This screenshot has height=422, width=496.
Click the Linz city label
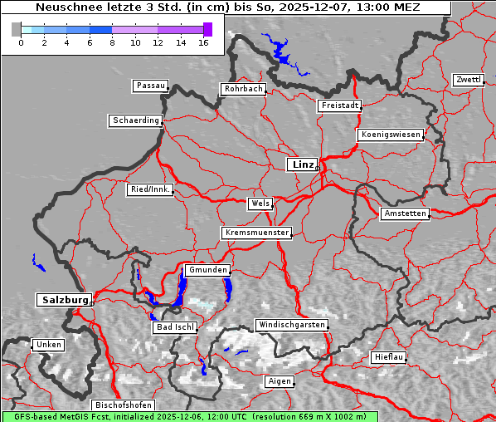click(302, 164)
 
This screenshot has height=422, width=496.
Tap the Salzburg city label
click(63, 300)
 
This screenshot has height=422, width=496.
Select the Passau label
click(150, 86)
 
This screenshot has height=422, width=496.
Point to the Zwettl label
click(468, 80)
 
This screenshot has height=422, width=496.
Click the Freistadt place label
click(339, 105)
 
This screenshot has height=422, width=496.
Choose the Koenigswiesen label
click(391, 135)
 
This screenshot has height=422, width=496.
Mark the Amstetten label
click(405, 213)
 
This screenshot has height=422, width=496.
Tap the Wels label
click(260, 204)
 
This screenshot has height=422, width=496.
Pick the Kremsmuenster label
click(257, 233)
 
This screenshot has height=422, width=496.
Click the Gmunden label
click(207, 271)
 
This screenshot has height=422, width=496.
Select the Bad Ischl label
click(175, 327)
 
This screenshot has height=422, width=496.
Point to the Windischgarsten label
click(291, 325)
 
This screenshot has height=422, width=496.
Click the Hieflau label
click(389, 357)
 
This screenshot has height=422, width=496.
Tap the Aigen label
click(279, 381)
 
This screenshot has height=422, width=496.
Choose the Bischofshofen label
click(122, 405)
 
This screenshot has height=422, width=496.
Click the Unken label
click(48, 345)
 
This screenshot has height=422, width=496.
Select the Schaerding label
click(135, 120)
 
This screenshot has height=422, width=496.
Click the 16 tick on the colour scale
click(203, 42)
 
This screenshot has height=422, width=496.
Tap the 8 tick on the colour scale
click(112, 42)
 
